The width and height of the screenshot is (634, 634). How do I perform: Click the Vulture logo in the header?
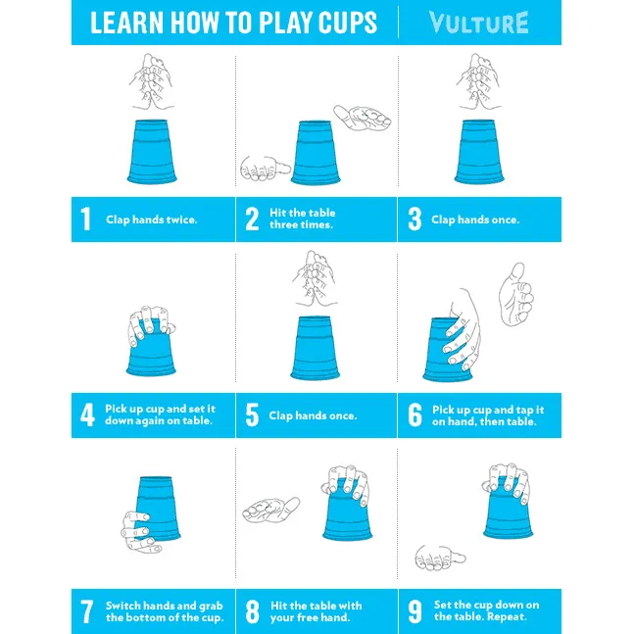point(479,23)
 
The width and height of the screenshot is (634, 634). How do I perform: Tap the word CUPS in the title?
point(348,23)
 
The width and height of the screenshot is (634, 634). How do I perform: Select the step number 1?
point(85,219)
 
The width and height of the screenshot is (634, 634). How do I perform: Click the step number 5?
point(252,415)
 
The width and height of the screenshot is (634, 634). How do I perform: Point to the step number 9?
point(415,611)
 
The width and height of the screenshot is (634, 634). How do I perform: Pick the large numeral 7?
point(87,611)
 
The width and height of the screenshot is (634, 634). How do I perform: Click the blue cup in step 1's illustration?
point(152,152)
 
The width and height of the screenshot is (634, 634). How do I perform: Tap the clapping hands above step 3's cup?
point(479,81)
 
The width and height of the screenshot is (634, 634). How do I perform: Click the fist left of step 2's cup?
point(266,168)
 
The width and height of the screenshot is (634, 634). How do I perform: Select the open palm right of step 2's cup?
point(363,118)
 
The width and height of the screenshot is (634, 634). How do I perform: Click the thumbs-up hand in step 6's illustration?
point(515,294)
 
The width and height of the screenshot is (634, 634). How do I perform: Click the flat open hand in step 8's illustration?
point(270,511)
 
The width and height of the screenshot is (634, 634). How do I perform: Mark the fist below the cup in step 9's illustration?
point(440,558)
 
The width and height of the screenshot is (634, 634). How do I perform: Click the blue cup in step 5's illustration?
point(316,348)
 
